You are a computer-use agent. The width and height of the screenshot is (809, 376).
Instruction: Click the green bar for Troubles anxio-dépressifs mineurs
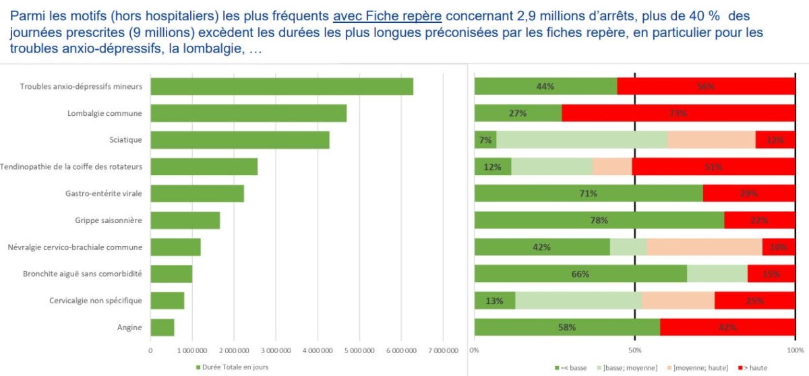pos(282,86)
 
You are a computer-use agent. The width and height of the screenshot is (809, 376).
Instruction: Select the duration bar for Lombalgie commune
pos(248,113)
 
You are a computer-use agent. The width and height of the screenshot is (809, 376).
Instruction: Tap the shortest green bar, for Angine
pos(162,327)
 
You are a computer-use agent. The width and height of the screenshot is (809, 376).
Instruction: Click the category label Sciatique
pos(125,140)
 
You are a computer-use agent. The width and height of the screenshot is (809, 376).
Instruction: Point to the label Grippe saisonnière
pos(109,220)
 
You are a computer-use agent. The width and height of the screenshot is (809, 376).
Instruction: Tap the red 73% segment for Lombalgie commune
pos(678,113)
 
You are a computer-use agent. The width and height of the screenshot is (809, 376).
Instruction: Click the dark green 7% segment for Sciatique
pos(485,140)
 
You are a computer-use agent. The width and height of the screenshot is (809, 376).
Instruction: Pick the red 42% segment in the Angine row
pos(727,327)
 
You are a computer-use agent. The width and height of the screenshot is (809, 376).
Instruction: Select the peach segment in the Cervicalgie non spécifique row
pos(678,301)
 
